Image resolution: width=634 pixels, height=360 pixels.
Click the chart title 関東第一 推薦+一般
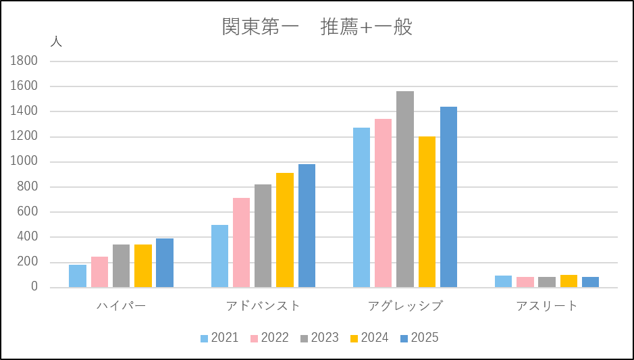tap(317, 27)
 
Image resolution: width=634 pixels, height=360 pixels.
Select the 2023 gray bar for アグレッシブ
tap(405, 189)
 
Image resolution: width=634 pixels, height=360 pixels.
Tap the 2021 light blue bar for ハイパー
tap(78, 276)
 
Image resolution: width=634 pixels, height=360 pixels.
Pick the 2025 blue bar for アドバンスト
tap(307, 226)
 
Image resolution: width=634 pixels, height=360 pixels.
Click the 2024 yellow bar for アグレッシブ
tap(427, 212)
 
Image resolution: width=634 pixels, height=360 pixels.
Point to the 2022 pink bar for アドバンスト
tap(241, 242)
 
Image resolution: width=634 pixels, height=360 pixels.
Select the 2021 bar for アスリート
tap(503, 282)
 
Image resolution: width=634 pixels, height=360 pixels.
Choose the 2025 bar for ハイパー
tap(165, 263)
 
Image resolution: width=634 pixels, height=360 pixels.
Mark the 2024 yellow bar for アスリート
tap(569, 281)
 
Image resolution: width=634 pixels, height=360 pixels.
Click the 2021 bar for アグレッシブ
tap(361, 207)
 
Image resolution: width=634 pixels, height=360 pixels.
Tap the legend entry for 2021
tap(219, 338)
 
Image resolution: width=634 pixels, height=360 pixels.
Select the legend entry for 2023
tap(319, 338)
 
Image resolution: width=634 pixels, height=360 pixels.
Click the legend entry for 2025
tap(419, 338)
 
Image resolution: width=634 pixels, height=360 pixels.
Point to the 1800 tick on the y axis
tap(24, 61)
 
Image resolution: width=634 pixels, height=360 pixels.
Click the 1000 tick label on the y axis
tap(24, 161)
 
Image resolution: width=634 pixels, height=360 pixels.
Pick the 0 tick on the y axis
tap(34, 288)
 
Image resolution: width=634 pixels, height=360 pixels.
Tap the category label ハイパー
tap(122, 306)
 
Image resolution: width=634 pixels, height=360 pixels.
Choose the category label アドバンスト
tap(263, 306)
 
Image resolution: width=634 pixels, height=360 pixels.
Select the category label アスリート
tap(547, 306)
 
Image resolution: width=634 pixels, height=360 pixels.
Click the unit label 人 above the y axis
tap(56, 41)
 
